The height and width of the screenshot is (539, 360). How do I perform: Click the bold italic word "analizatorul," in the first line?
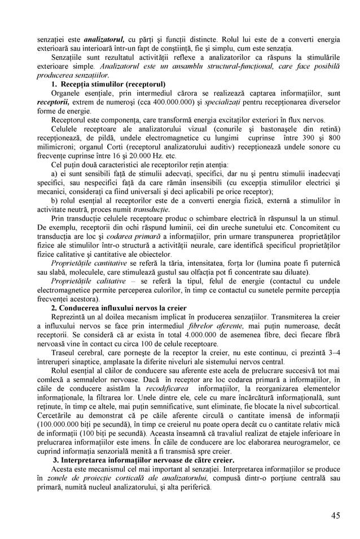(104, 40)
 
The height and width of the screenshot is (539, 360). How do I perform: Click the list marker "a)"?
(55, 173)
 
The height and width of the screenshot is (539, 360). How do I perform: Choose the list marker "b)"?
(55, 200)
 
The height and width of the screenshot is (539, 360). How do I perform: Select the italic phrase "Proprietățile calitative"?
(88, 281)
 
